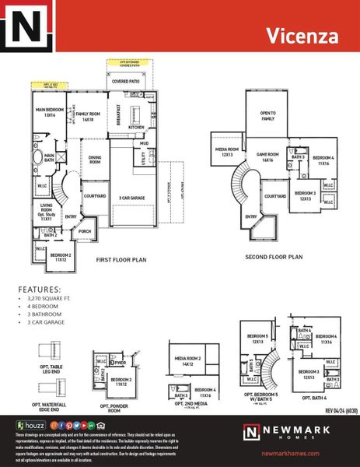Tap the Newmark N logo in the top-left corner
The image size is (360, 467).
point(27,32)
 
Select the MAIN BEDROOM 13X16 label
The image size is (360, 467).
point(48,113)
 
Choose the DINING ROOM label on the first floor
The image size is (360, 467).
point(95,160)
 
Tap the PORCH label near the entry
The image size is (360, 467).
point(86,231)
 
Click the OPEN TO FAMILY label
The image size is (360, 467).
point(267,115)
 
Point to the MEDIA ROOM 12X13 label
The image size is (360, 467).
point(227,152)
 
